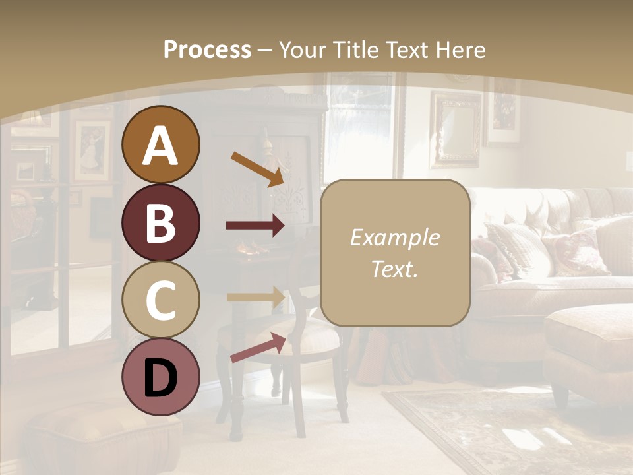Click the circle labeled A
[160, 144]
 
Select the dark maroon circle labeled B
[160, 222]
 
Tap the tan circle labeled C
[160, 300]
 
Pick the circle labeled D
[160, 377]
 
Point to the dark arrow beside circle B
[255, 226]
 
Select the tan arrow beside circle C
[255, 296]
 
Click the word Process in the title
[207, 49]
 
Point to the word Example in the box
[394, 237]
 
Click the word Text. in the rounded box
[394, 269]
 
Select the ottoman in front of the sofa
[589, 343]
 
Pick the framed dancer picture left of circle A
[92, 150]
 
